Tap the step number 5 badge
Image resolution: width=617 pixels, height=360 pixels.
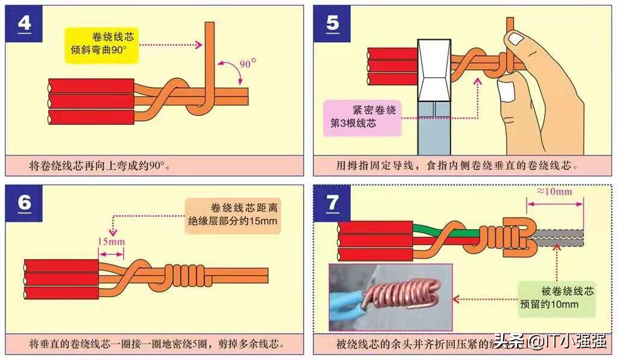click(332, 24)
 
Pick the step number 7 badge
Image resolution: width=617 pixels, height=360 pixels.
click(332, 203)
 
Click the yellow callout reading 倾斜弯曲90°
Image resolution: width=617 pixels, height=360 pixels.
click(102, 43)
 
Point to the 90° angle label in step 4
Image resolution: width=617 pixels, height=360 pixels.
click(246, 62)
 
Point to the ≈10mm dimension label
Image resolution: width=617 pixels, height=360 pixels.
click(554, 192)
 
